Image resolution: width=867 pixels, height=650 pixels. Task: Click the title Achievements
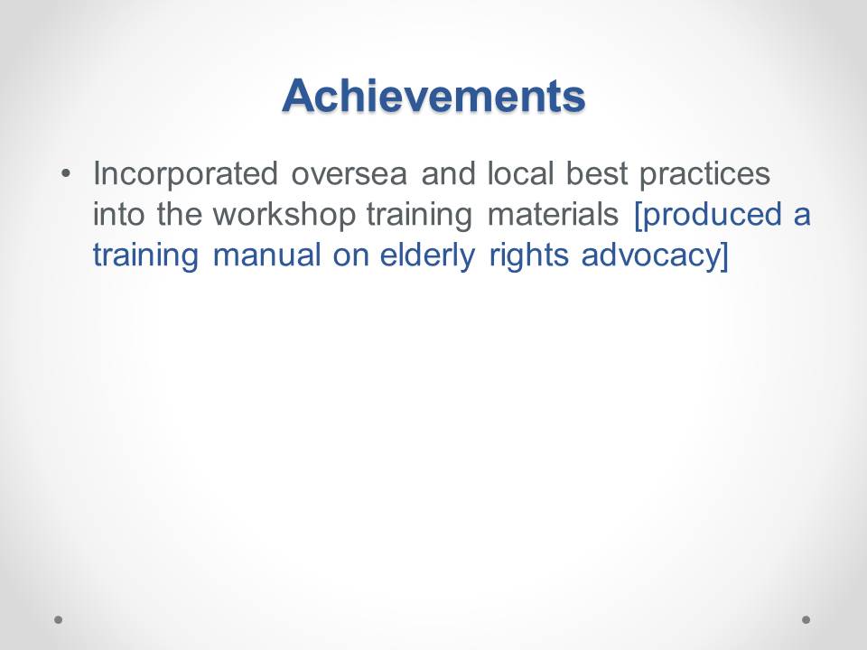[433, 96]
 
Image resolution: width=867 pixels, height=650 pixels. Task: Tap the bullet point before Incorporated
[66, 173]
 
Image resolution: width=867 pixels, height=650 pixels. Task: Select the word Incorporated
[185, 174]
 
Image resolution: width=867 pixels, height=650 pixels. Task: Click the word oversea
[350, 174]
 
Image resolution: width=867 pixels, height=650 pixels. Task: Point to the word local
[520, 173]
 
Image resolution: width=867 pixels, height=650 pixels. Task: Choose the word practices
[705, 174]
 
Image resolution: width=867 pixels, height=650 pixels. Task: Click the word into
[118, 214]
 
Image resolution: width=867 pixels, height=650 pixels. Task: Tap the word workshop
[284, 215]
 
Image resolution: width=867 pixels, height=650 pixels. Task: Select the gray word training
[420, 215]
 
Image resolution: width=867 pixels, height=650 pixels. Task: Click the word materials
[553, 214]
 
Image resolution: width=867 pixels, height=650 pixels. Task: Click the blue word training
[145, 255]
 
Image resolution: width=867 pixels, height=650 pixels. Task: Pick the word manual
[266, 255]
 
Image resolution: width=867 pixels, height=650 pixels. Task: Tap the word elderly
[427, 255]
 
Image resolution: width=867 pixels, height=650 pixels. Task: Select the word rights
[528, 255]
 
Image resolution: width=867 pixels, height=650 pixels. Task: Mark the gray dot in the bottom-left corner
[58, 619]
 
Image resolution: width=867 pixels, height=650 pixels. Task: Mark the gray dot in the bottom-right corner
[806, 619]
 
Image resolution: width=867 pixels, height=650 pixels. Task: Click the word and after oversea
[448, 173]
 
